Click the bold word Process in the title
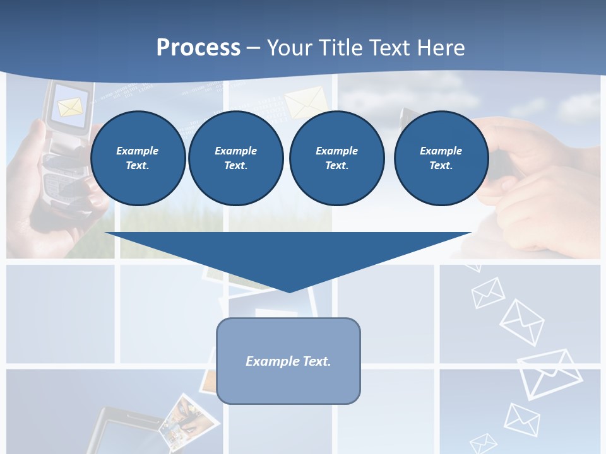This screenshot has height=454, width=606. click(x=198, y=47)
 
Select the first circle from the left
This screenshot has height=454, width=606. click(x=138, y=158)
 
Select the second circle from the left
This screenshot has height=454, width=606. click(x=235, y=158)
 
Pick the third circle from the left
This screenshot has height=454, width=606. click(x=336, y=158)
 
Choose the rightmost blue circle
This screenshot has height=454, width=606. click(x=441, y=158)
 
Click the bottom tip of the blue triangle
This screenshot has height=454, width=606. click(x=289, y=291)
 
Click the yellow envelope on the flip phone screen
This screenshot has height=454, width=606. click(x=69, y=107)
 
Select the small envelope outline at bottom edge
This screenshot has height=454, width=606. click(x=484, y=443)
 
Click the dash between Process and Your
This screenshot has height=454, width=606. click(x=253, y=47)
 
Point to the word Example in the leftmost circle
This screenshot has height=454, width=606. click(x=138, y=151)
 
